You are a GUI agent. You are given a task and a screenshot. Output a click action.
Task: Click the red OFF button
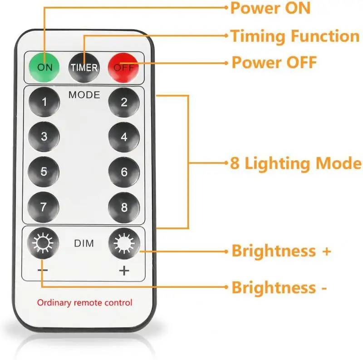[123, 67]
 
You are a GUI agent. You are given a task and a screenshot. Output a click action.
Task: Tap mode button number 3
[44, 137]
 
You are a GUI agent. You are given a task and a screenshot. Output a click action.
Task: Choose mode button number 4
[124, 137]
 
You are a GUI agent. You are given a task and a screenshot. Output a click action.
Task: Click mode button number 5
[44, 172]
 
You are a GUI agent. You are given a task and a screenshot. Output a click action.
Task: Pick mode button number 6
[124, 172]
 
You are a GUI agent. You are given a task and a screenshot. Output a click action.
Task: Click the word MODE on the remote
[83, 95]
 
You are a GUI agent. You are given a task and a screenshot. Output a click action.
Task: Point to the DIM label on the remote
[83, 244]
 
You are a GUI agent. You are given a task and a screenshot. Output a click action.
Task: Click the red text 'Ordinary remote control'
[84, 302]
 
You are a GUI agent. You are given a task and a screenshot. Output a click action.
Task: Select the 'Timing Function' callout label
[295, 36]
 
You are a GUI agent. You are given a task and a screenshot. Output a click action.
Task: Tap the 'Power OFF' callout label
[274, 63]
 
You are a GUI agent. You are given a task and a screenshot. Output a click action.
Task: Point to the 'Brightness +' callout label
[281, 251]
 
